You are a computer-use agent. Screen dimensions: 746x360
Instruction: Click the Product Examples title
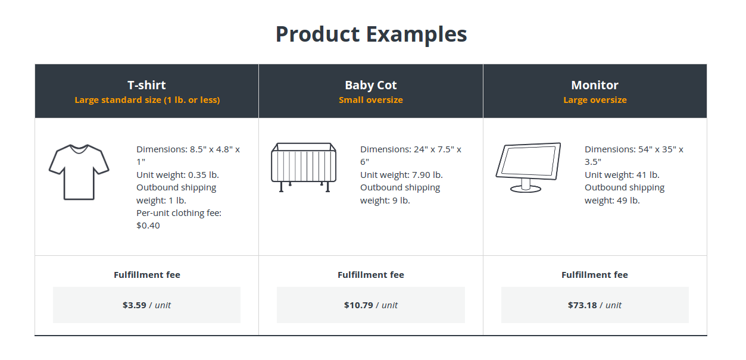coord(371,35)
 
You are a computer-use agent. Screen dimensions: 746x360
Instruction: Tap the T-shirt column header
coord(146,85)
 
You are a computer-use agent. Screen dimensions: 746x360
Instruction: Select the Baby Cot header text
coord(371,85)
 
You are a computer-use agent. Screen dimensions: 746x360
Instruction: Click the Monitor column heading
coord(595,85)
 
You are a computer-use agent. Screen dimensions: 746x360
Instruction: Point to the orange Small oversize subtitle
coord(371,100)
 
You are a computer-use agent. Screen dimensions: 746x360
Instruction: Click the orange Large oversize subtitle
coord(595,100)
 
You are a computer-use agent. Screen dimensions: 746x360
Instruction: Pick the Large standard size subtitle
coord(147,100)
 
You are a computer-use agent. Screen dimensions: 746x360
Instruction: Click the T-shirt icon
coord(79,172)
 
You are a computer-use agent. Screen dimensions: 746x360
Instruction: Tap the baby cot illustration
coord(304,167)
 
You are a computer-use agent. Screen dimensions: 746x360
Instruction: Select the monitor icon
coord(528,167)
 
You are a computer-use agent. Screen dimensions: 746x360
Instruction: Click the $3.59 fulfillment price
coord(134,305)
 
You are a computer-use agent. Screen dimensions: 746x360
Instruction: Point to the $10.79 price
coord(358,305)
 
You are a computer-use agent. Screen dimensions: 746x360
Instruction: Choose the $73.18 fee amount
coord(582,305)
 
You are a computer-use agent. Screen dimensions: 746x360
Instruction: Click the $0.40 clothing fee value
coord(148,226)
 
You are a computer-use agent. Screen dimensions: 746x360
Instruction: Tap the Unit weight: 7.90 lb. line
coord(401,175)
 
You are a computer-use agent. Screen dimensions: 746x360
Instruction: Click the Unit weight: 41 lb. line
coord(622,175)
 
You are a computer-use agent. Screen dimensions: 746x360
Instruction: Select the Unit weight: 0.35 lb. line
coord(177,175)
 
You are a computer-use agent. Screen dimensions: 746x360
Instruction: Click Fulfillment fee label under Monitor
coord(594,275)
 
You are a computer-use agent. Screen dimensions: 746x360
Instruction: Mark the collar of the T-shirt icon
coord(79,149)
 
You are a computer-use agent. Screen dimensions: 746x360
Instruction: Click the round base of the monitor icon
coord(526,189)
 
